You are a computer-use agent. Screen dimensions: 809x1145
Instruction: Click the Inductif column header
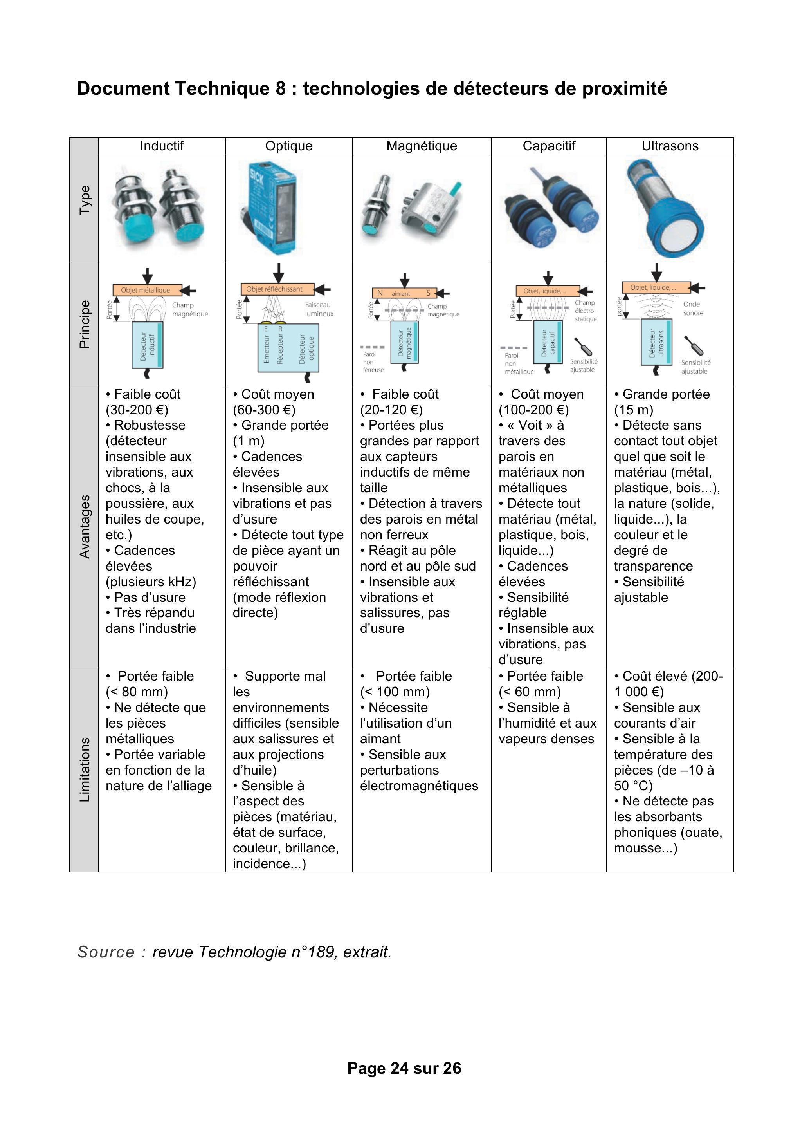coord(162,146)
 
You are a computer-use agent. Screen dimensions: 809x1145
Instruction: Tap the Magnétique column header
coord(422,146)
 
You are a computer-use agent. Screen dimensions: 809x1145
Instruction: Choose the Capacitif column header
coord(548,146)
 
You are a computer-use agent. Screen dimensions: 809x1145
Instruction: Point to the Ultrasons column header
coord(670,146)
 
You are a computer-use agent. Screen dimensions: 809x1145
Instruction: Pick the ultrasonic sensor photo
coord(665,208)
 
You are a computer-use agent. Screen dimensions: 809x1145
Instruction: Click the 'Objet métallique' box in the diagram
coord(146,290)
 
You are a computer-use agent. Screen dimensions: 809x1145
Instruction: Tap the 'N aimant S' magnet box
coord(404,293)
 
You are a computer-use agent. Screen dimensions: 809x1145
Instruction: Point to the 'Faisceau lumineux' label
coord(319,309)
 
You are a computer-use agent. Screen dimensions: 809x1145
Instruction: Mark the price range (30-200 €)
coord(137,410)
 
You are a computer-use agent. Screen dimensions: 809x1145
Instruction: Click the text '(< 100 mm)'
coord(395,692)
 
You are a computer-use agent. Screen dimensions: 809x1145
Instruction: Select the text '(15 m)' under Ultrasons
coord(634,410)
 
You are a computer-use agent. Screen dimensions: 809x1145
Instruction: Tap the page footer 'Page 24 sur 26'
coord(404,1068)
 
